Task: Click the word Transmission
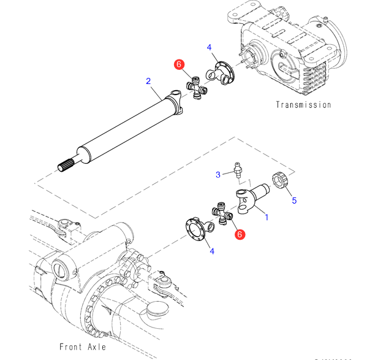(x=303, y=105)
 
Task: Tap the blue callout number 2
(x=148, y=81)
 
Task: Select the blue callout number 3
(x=218, y=175)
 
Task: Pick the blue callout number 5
(x=294, y=200)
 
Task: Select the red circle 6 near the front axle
(x=240, y=234)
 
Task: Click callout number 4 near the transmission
(x=209, y=47)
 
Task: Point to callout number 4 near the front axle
(x=211, y=250)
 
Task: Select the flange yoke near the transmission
(x=221, y=72)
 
